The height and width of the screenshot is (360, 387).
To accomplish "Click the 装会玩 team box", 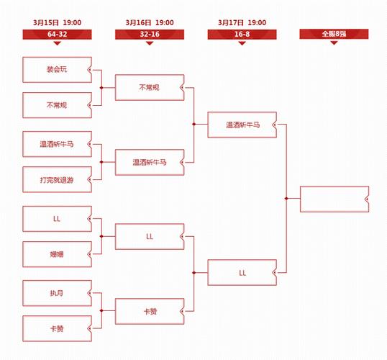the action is point(57,70).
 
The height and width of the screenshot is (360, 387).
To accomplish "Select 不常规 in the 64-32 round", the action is point(57,105).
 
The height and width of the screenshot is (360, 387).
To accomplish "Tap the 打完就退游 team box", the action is point(57,179).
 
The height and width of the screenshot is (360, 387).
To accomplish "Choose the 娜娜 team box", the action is point(57,254).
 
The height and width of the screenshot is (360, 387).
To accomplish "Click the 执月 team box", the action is point(57,293).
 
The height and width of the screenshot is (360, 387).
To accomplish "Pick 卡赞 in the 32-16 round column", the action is point(150,311).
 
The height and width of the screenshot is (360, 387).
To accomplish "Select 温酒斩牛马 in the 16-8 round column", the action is point(242,125).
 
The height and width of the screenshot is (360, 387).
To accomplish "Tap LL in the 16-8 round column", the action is point(242,273).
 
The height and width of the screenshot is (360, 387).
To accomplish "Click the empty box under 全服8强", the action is point(334,199).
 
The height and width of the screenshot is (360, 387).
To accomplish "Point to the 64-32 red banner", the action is point(57,35).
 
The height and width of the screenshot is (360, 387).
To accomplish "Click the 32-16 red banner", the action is point(150,35).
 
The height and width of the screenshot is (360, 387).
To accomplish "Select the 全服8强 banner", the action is point(334,34).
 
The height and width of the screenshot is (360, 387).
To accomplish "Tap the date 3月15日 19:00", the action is point(58,23).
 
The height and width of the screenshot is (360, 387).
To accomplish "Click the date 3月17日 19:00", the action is point(242,23).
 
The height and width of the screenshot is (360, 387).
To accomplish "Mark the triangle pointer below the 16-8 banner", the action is point(242,43).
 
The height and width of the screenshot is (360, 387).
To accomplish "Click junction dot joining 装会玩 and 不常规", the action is point(101,88).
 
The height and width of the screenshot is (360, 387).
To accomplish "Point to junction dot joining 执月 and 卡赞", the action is point(101,310).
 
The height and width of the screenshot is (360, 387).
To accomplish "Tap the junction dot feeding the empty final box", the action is point(286,199).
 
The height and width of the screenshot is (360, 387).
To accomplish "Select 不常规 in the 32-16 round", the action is point(150,87).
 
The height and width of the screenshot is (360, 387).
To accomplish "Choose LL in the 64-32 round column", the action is point(57,219).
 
